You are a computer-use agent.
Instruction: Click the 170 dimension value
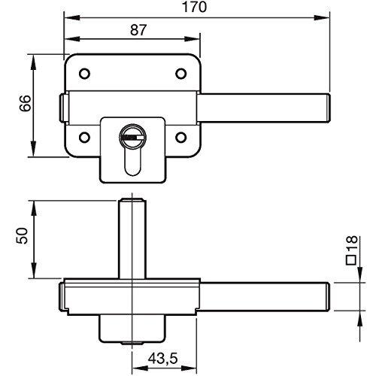coord(195,7)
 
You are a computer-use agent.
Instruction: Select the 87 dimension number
coord(138,30)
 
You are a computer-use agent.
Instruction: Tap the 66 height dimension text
coord(26,103)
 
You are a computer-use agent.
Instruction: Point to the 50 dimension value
coord(22,235)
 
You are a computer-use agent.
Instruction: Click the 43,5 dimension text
coord(162,358)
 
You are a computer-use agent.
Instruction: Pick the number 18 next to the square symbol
coord(352,243)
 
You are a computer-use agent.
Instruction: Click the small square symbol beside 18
coord(351,260)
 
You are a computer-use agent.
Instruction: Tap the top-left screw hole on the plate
coord(84,74)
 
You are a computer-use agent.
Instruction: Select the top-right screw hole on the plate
coord(180,74)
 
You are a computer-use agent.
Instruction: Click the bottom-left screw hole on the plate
coord(84,138)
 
